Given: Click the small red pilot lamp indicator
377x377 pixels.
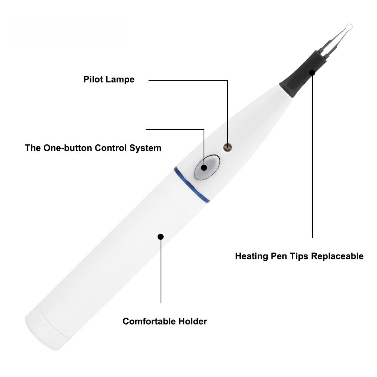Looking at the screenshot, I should coord(227,147).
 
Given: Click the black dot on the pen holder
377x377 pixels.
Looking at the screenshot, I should coord(161,237).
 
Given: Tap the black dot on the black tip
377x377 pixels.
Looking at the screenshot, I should coord(312,72).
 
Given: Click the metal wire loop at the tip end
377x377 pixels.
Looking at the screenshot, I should coord(349,27).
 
